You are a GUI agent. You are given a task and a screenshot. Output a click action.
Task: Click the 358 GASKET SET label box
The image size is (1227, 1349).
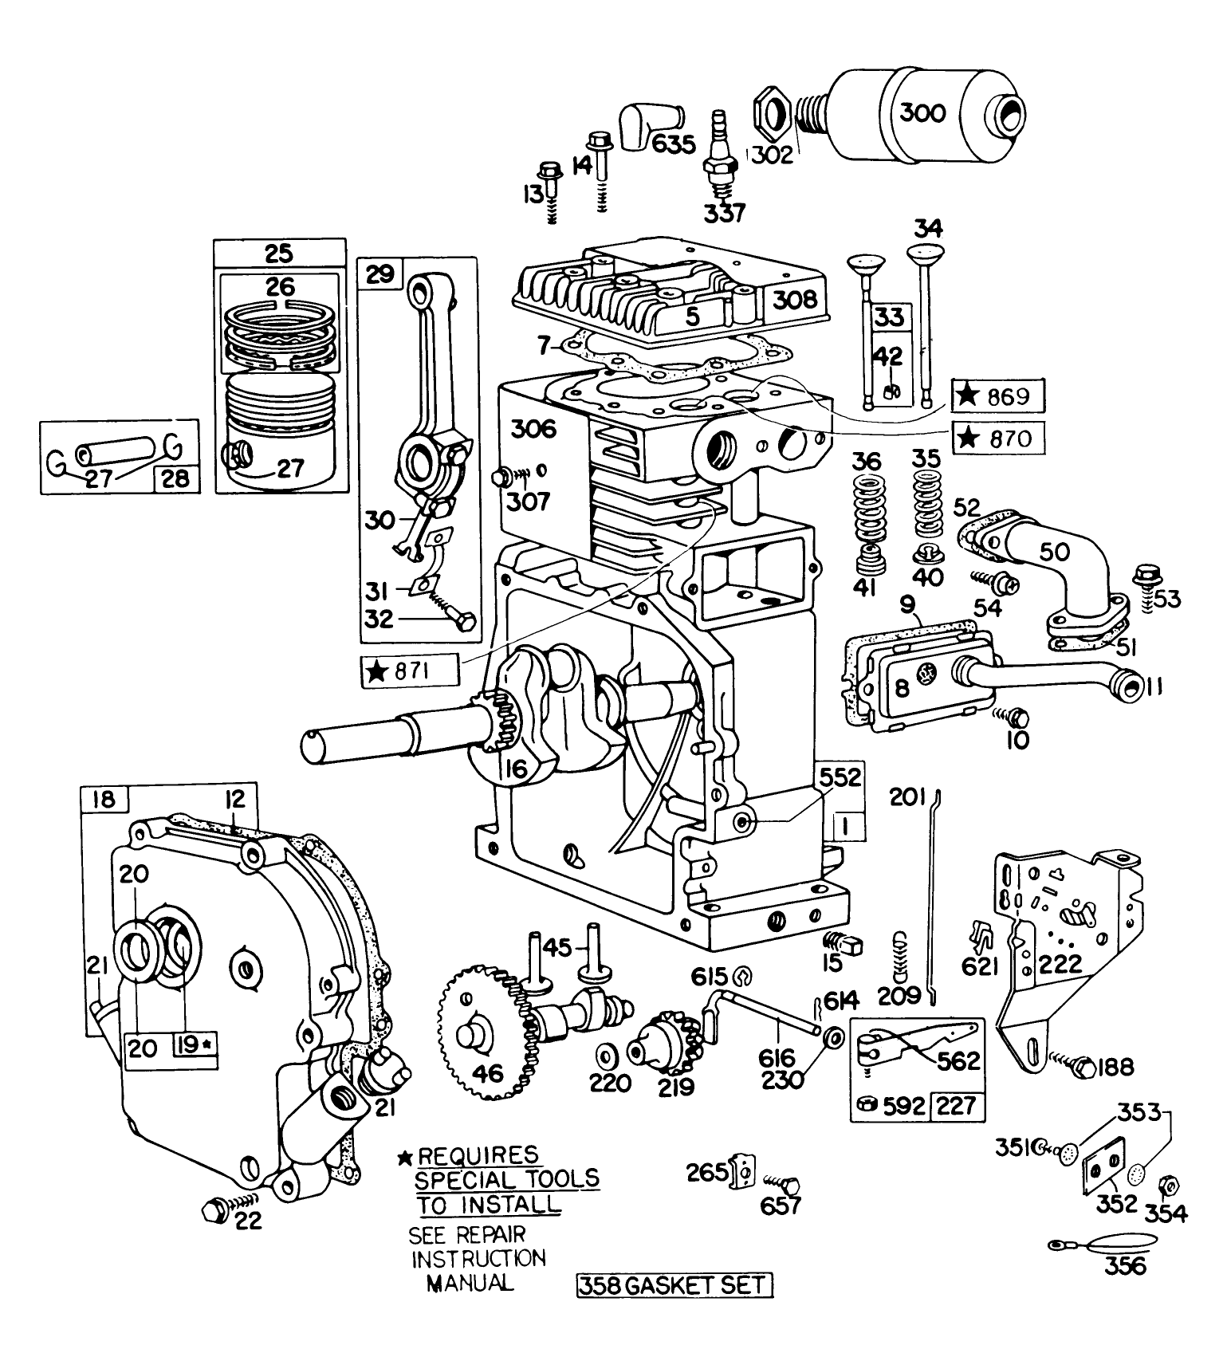(x=674, y=1285)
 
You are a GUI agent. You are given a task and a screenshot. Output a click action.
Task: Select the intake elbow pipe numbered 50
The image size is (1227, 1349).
(x=1060, y=566)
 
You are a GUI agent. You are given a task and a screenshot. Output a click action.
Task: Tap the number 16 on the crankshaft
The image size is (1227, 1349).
(x=516, y=768)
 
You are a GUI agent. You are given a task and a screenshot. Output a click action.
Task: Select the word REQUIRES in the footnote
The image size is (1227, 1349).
(x=478, y=1155)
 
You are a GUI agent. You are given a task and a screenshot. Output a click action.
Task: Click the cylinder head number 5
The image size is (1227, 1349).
(x=692, y=317)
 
